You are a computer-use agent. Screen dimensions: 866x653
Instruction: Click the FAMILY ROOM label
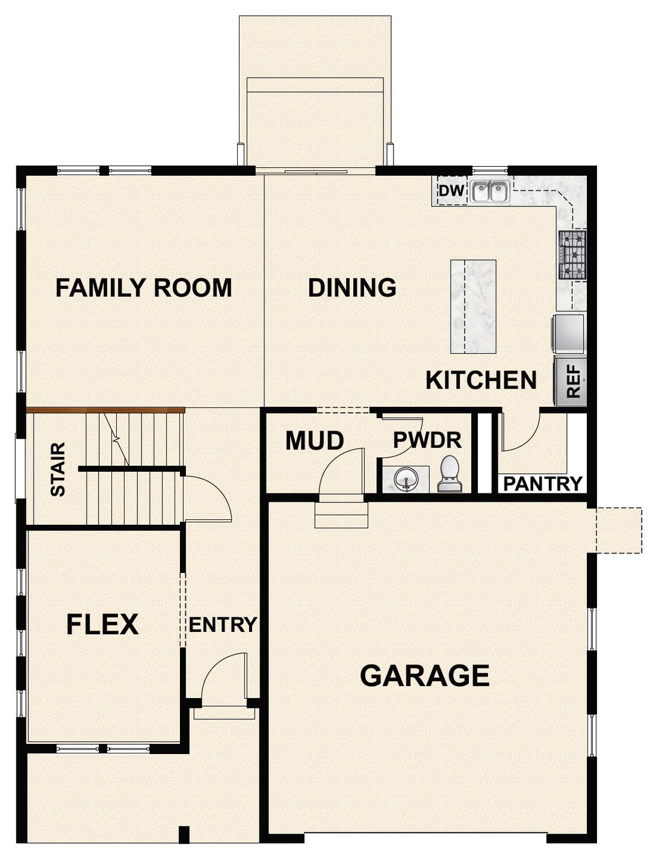tap(143, 288)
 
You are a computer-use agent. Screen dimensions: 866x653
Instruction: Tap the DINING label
tap(352, 288)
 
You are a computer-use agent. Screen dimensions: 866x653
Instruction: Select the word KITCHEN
tap(481, 380)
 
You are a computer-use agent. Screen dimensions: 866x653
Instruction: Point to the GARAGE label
tap(424, 675)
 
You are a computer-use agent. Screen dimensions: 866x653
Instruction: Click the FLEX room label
tap(102, 625)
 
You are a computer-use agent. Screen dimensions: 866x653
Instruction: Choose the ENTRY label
tap(223, 625)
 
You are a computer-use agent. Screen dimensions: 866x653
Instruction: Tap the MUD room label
tap(314, 441)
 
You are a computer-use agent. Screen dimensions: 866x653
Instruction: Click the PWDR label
tap(427, 441)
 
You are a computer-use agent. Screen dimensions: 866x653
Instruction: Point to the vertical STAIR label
tap(58, 469)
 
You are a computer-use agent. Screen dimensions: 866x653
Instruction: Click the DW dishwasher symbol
tap(451, 191)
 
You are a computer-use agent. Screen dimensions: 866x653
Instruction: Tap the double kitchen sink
tap(490, 192)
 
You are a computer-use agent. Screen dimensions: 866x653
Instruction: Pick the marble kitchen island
tap(473, 306)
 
